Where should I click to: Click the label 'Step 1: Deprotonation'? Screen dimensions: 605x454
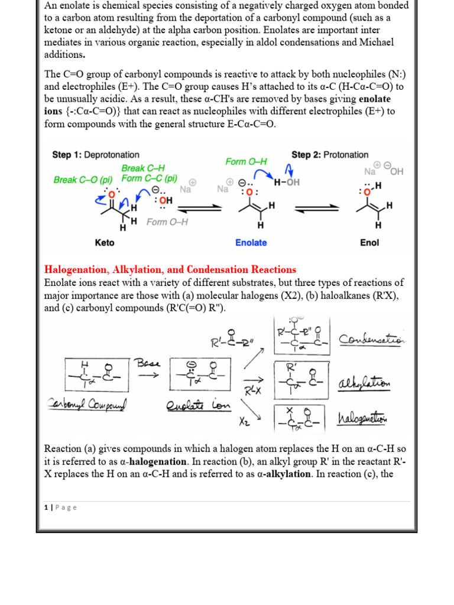(96, 155)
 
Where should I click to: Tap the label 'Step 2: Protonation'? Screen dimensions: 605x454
(330, 155)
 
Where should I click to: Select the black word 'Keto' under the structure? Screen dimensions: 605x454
(105, 243)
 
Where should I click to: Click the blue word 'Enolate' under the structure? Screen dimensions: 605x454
(251, 243)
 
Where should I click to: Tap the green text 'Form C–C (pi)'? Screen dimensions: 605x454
(149, 178)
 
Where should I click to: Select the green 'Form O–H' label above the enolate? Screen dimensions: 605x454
(247, 161)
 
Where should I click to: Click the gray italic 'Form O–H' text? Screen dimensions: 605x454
(167, 222)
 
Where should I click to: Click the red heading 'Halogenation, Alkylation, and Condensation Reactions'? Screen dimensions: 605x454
(170, 269)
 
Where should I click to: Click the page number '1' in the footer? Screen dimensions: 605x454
(46, 508)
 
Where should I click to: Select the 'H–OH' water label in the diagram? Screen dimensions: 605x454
(287, 183)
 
